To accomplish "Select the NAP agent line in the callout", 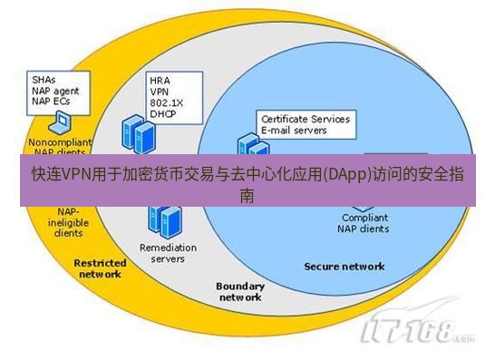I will pos(55,90).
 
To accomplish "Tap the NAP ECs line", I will pos(52,101).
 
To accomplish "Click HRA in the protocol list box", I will pos(160,80).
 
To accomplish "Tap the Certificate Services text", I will pos(306,119).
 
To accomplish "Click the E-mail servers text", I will pos(295,131).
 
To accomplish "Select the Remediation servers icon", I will pos(163,219).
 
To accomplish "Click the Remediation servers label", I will pos(162,253).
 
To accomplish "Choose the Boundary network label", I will pos(240,291).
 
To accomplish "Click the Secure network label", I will pos(344,267).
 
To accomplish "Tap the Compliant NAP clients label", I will pos(365,223).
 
